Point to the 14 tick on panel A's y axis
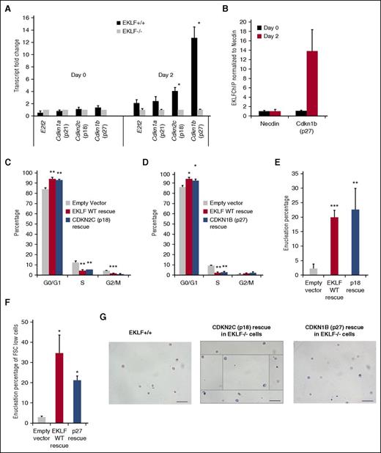coord(24,28)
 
